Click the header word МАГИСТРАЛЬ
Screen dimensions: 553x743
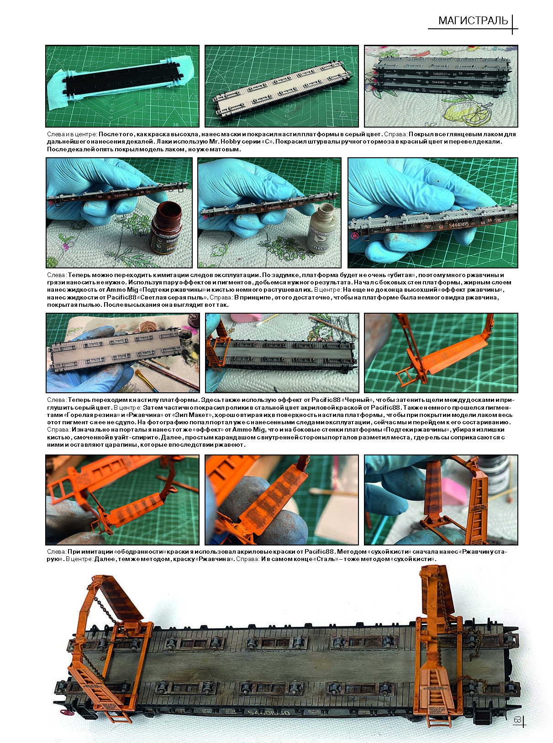tap(473, 21)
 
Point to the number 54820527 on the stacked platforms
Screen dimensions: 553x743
tap(439, 74)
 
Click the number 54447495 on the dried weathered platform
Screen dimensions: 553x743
tap(458, 225)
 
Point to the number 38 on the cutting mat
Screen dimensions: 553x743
tap(175, 124)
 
